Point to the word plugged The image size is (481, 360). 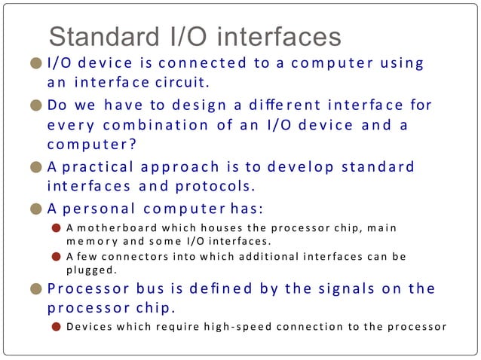pyautogui.click(x=90, y=269)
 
